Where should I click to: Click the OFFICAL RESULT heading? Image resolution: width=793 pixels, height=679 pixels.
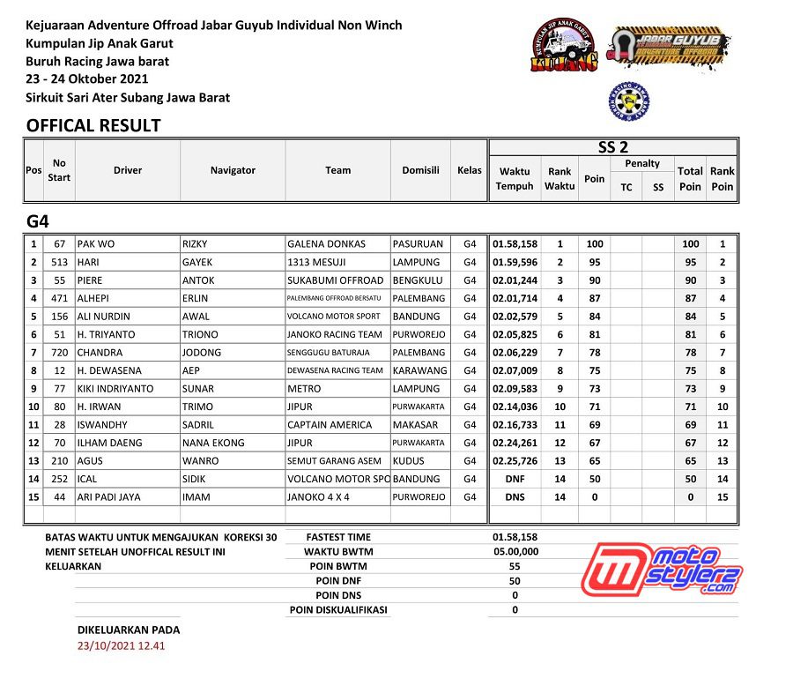tap(93, 125)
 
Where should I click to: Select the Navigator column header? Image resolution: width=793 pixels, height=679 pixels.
tap(233, 170)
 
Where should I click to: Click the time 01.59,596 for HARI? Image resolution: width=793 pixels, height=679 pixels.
tap(515, 262)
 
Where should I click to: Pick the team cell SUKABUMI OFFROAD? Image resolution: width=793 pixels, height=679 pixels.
tap(336, 280)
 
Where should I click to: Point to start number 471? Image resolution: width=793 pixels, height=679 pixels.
tap(60, 298)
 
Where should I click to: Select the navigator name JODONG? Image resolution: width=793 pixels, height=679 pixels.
tap(202, 353)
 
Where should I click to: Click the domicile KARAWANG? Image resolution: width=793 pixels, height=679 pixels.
tap(419, 370)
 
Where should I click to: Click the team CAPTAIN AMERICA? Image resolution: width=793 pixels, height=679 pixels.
tap(330, 425)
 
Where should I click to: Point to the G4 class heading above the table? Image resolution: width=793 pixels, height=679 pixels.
tap(38, 220)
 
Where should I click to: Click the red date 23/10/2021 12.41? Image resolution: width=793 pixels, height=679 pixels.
tap(122, 645)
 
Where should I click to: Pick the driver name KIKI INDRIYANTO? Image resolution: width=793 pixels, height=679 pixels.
tap(115, 389)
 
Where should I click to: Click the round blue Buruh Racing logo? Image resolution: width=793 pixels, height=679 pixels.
tap(628, 101)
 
